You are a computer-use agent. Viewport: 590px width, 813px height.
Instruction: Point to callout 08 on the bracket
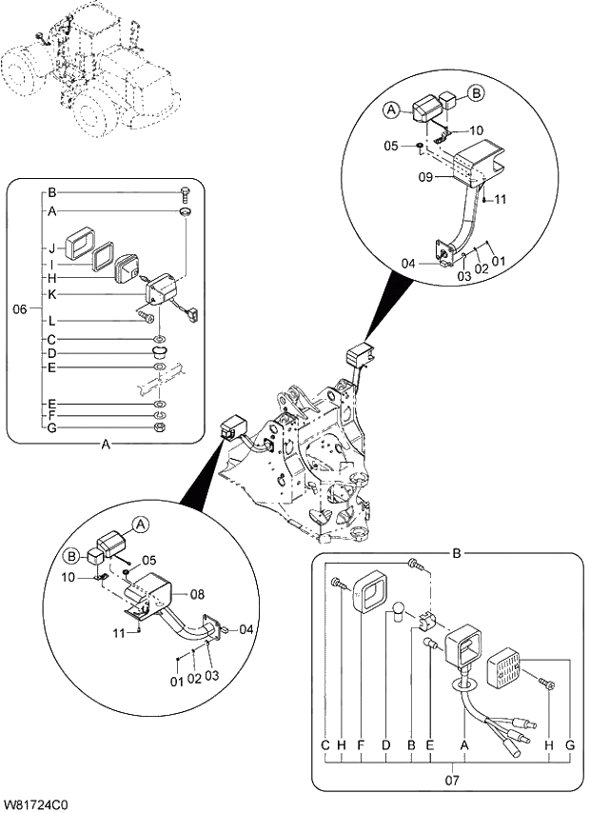tap(198, 594)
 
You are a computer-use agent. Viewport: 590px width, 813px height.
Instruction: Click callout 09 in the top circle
tap(427, 176)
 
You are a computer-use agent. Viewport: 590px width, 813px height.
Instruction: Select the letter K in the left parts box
tap(50, 294)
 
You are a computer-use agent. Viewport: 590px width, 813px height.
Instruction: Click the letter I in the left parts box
tap(50, 264)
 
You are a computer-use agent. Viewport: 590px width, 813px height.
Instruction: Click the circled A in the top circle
tap(391, 110)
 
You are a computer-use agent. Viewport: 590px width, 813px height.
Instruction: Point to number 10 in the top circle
tap(476, 130)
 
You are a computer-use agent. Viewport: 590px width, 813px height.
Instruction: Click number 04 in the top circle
tap(407, 264)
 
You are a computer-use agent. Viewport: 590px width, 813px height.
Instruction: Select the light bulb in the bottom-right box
tap(401, 609)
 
